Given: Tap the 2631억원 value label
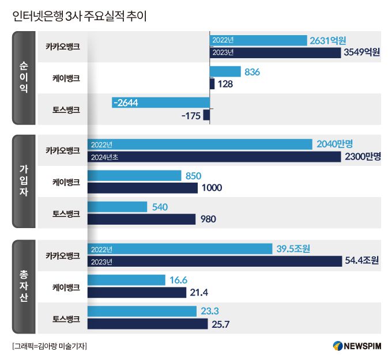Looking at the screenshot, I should [x=327, y=40].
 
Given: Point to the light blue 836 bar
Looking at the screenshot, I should [x=225, y=72].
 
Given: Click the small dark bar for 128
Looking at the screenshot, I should [x=212, y=84].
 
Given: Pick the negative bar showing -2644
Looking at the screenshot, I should [x=161, y=103].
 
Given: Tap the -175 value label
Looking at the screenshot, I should [x=190, y=116].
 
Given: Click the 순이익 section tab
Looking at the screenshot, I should [x=24, y=77].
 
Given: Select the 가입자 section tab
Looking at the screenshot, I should [x=24, y=181].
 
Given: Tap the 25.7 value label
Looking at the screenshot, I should [x=221, y=324].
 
